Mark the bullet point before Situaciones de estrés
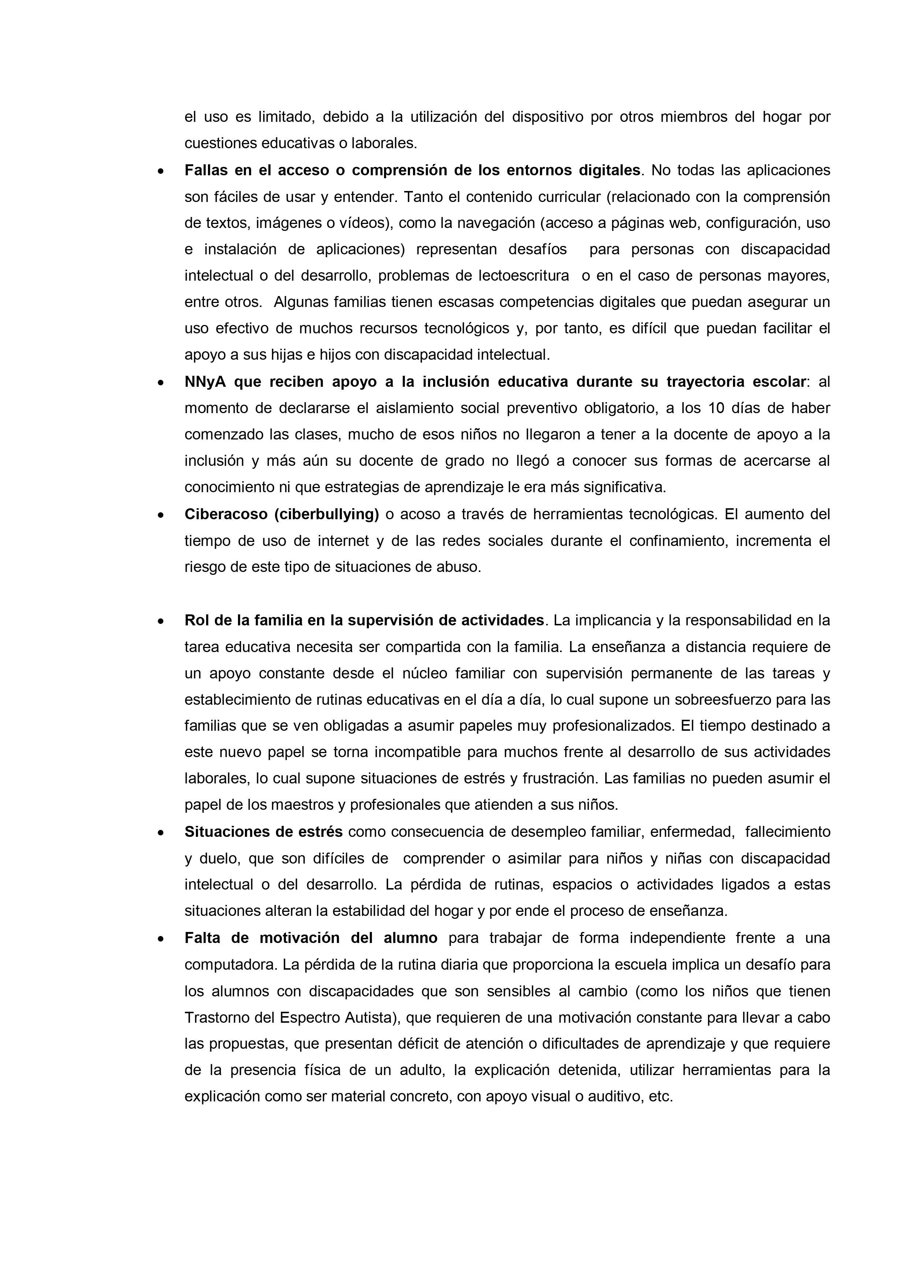[161, 833]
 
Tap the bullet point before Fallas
[161, 171]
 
